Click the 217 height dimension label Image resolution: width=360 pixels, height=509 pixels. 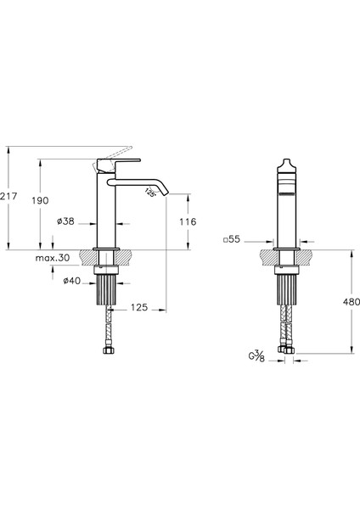[8, 197]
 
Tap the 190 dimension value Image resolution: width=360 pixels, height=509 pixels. [40, 200]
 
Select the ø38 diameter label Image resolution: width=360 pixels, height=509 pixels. [65, 221]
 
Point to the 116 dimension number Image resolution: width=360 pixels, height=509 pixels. [188, 222]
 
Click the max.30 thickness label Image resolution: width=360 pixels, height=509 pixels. [53, 258]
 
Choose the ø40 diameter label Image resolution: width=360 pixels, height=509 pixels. [71, 281]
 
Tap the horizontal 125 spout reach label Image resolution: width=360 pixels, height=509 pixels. [139, 307]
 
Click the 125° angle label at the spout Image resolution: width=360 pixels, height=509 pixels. [150, 193]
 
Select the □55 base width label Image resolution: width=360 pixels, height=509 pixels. [232, 239]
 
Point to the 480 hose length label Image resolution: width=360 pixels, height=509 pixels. [352, 302]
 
